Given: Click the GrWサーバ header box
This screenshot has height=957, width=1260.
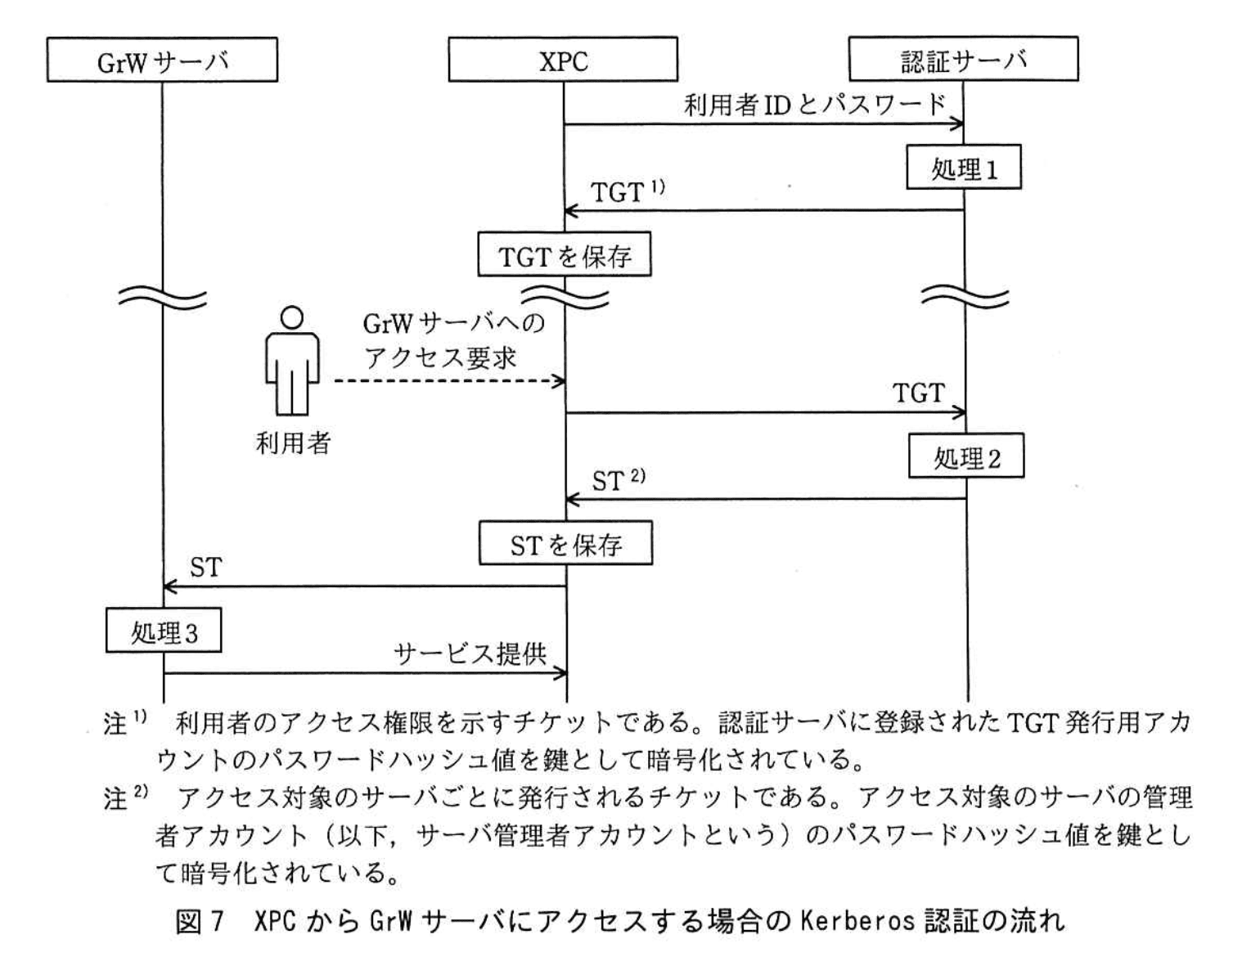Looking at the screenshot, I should pos(162,61).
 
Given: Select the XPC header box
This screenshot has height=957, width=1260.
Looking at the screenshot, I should pos(563,61).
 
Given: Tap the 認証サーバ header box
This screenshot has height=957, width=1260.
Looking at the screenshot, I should pos(963,59).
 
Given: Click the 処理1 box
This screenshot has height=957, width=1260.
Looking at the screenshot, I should pos(964,168).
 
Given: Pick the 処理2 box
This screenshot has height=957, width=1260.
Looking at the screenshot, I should pos(966,457).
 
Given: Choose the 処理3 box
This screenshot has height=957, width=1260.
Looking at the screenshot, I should pos(164,631).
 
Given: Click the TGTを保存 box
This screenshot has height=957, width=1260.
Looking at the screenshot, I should pos(565,256).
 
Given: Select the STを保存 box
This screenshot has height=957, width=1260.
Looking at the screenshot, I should pos(565,544).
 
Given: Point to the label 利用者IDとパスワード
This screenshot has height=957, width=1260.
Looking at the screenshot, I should pos(814,105).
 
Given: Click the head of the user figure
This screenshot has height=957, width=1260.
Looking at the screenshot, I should pos(291,317).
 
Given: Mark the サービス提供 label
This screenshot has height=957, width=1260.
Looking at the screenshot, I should pos(470,654).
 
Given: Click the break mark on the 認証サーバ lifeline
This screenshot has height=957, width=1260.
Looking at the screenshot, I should pos(965,296).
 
